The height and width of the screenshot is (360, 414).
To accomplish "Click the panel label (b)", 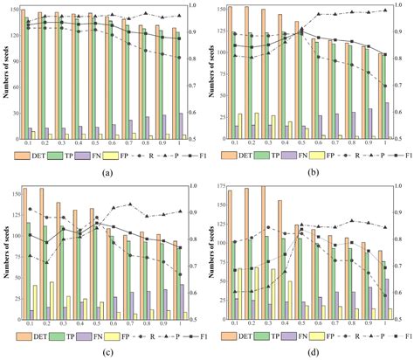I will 307,172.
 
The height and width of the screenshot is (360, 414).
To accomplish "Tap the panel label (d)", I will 307,352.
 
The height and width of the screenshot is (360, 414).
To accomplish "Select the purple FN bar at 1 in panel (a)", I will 180,125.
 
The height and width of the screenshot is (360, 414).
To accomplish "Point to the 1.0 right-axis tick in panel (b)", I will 404,8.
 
